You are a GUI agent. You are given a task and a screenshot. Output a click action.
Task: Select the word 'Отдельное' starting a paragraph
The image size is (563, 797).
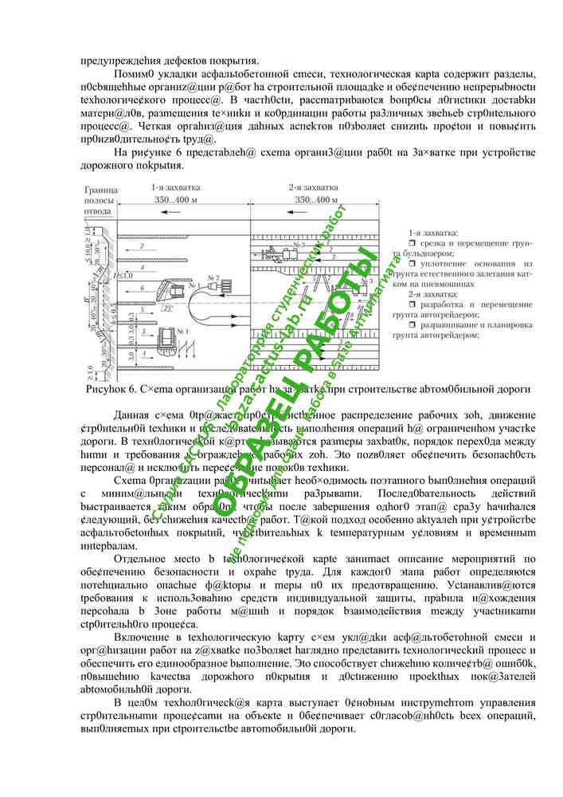point(140,559)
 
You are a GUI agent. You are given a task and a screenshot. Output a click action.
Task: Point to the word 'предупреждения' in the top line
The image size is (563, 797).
point(119,59)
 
